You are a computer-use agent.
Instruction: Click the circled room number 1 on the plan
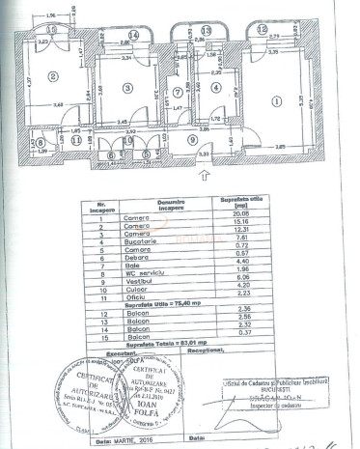coord(277,99)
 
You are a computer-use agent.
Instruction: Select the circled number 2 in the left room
coord(54,76)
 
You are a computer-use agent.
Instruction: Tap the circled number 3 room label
coord(126,88)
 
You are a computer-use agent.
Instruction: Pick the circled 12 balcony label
coord(263,30)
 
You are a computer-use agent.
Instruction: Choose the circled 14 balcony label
coord(134,36)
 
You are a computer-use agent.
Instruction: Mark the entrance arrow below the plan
coord(206,175)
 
